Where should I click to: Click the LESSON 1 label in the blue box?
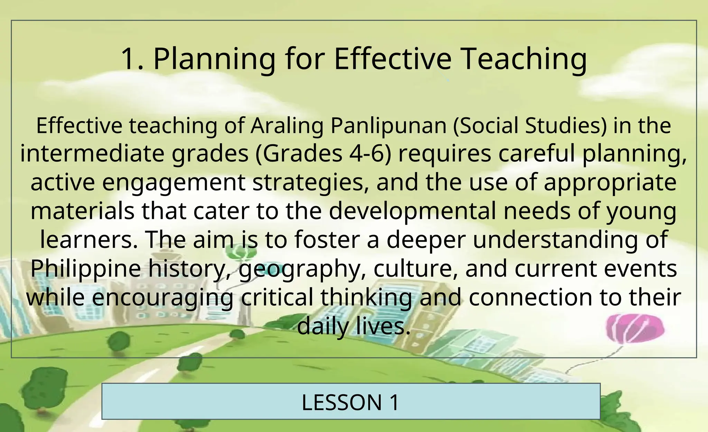click(x=351, y=402)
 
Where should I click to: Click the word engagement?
click(x=174, y=183)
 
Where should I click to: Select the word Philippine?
click(x=86, y=269)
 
